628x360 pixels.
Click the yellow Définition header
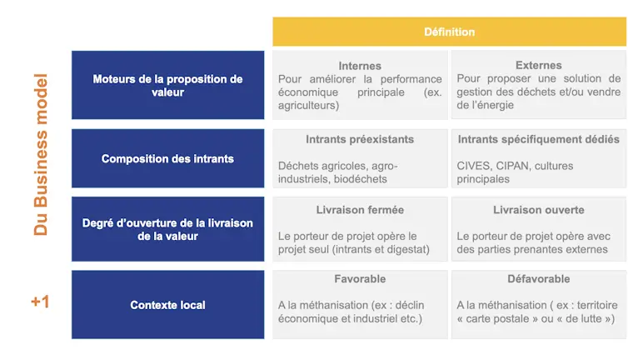[x=450, y=32]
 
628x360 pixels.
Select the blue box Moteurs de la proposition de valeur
[x=167, y=85]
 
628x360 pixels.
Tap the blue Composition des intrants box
[x=167, y=158]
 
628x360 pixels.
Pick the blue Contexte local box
[x=167, y=305]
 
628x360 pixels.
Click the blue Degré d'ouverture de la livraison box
[x=167, y=229]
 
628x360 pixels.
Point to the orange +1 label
[x=40, y=302]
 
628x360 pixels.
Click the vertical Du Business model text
[x=41, y=154]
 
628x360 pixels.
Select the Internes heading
[x=360, y=66]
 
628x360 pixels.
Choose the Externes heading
[x=539, y=65]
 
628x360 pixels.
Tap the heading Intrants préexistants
[x=360, y=139]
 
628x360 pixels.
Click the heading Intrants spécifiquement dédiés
[x=539, y=139]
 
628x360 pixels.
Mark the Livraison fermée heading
[x=360, y=210]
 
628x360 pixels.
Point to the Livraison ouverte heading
[x=539, y=210]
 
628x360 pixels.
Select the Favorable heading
[x=360, y=278]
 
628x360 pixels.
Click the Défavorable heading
[x=539, y=278]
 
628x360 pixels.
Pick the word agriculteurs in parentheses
[x=307, y=106]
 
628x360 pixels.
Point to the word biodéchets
[x=360, y=179]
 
